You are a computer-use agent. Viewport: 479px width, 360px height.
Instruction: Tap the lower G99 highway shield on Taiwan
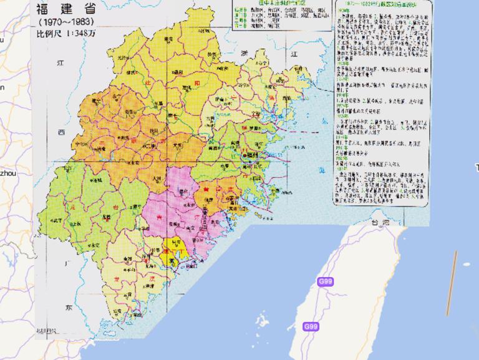(x=311, y=326)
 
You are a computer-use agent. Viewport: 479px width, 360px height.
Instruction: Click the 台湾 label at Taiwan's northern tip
(x=376, y=222)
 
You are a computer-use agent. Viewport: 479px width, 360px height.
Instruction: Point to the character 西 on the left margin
(x=61, y=132)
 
